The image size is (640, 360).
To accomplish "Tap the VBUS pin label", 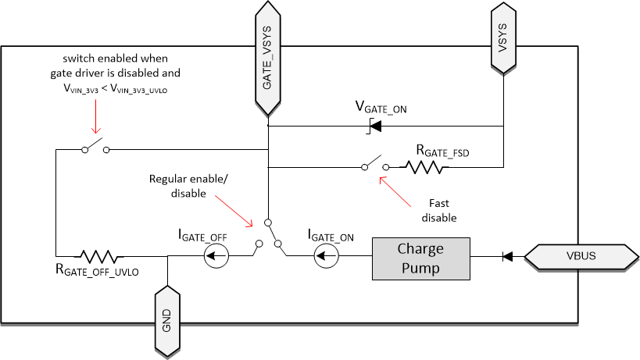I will click(581, 256).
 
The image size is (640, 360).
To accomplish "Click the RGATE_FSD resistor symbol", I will click(424, 166).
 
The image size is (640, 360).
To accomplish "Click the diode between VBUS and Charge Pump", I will click(506, 256).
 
